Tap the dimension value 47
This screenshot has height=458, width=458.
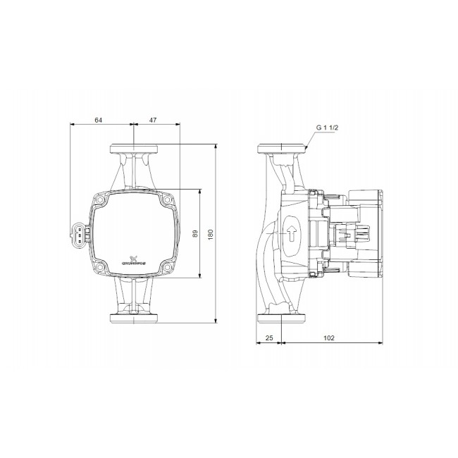153,120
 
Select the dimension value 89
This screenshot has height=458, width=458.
195,233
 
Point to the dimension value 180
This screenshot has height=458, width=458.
210,233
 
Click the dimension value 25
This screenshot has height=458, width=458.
269,338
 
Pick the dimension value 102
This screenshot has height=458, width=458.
328,338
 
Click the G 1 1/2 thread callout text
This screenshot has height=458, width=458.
328,128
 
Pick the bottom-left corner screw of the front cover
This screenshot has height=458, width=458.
101,266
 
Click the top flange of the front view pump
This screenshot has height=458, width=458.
133,149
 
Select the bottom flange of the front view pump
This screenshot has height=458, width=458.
133,317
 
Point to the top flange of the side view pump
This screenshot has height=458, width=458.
283,149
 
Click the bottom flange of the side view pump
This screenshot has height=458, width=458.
283,317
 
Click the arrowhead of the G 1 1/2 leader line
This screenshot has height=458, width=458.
308,149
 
